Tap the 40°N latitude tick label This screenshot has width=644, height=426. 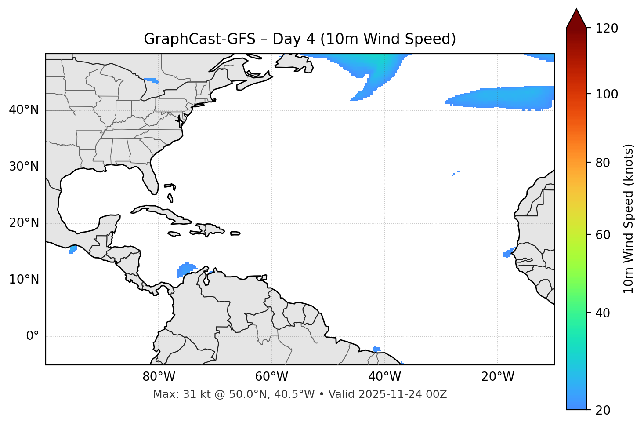tap(24, 110)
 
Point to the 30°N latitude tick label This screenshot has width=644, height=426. tap(24, 167)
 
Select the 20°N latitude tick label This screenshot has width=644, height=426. tap(24, 223)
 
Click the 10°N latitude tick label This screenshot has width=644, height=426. tap(24, 280)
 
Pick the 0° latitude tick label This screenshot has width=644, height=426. tap(33, 336)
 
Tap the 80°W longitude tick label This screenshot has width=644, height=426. tap(159, 377)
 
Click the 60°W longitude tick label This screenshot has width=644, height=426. tap(271, 377)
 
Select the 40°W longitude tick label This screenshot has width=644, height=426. tap(384, 377)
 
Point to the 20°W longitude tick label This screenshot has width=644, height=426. tap(497, 377)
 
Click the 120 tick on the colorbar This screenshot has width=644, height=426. tap(607, 29)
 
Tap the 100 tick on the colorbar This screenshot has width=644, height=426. tap(607, 94)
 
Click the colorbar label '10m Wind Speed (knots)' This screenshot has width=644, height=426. tap(628, 218)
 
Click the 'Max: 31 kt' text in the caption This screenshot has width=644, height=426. tap(176, 394)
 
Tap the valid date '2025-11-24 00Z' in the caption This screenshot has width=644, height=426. tap(402, 394)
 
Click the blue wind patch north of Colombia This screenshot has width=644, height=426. tap(186, 269)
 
